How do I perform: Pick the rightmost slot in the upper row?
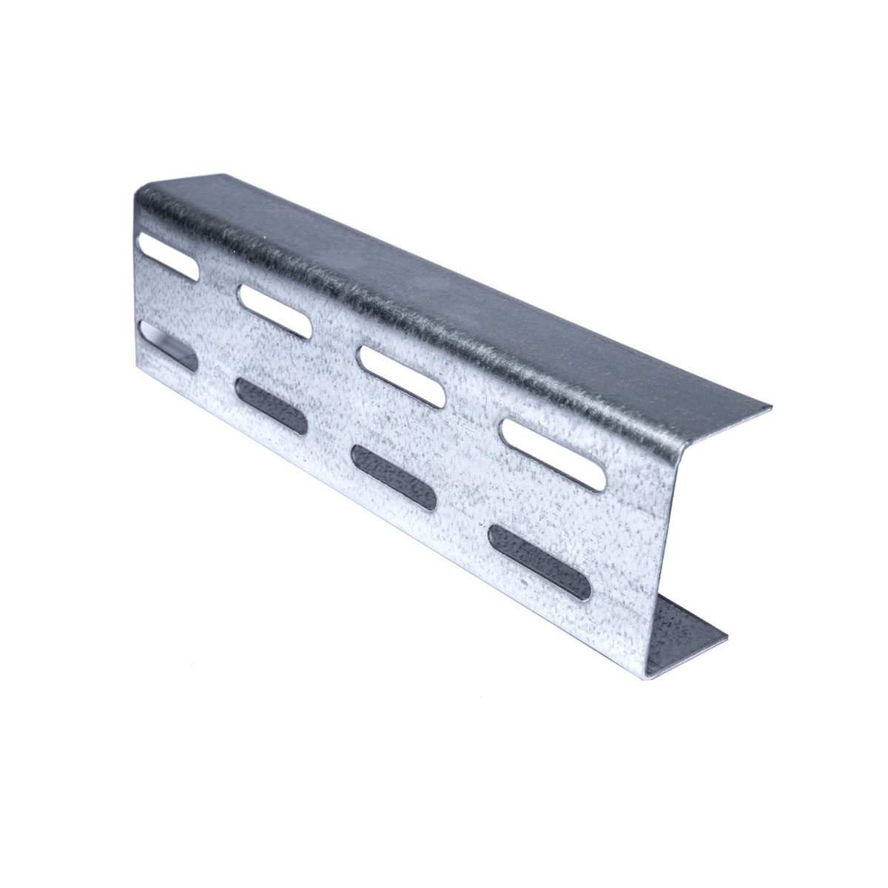tap(552, 451)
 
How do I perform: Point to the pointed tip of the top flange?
tap(770, 406)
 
